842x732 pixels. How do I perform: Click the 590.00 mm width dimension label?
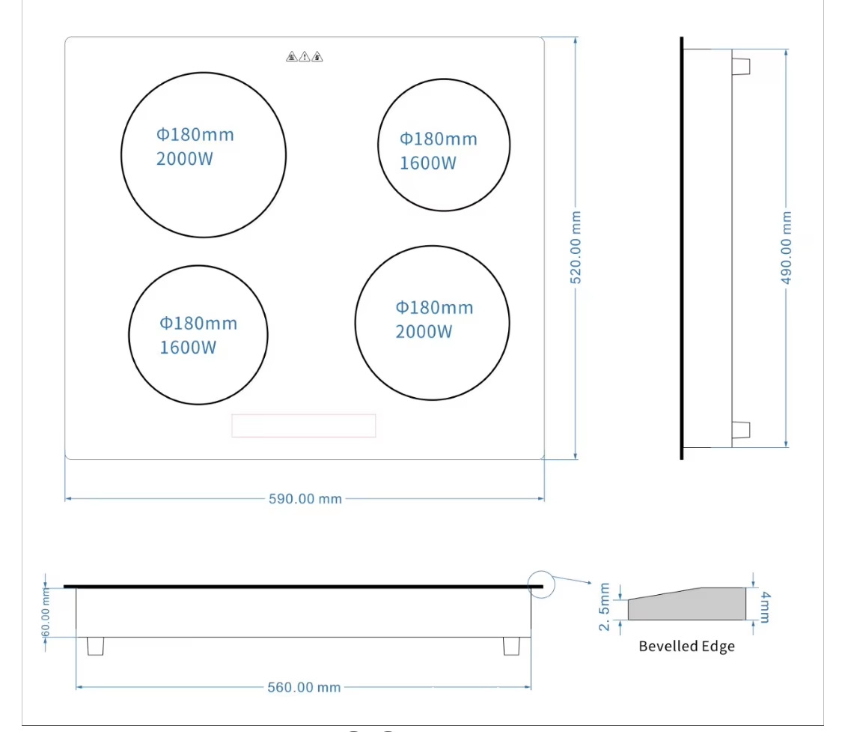[305, 499]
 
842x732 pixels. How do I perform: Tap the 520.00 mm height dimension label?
[576, 247]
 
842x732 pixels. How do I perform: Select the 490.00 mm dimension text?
[787, 247]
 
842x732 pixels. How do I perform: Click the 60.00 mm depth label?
[46, 612]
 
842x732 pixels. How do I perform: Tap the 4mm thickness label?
[763, 606]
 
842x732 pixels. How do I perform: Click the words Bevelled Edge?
[686, 646]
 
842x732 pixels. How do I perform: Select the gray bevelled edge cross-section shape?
[687, 605]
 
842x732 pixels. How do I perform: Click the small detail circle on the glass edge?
[541, 584]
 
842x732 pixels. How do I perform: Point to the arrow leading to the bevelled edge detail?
[573, 583]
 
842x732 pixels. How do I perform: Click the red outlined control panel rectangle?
[303, 426]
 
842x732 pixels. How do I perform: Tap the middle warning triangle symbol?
[305, 57]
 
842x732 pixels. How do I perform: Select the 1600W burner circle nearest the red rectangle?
[198, 334]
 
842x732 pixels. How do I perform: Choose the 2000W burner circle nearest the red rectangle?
[432, 323]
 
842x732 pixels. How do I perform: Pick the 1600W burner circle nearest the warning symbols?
[444, 145]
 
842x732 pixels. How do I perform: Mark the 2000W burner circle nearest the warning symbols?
[204, 155]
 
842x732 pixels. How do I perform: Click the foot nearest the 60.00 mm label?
[95, 646]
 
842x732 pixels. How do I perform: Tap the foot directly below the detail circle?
[512, 646]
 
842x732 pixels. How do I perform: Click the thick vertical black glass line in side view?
[682, 247]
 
